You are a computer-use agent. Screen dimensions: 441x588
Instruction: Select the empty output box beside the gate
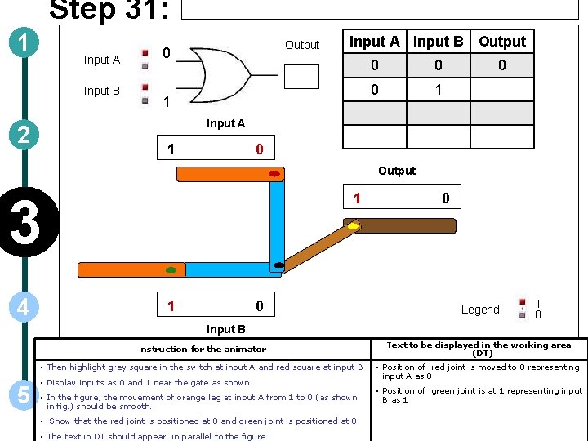click(x=301, y=75)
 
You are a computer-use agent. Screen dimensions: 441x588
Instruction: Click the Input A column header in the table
click(x=374, y=42)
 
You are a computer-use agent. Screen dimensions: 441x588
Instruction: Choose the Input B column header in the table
click(x=438, y=42)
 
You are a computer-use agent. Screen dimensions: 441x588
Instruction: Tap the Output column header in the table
click(x=502, y=42)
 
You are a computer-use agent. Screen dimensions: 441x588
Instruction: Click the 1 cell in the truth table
click(x=438, y=90)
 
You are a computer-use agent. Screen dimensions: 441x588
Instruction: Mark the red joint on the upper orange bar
click(x=274, y=174)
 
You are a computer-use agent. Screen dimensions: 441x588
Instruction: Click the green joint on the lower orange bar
click(x=171, y=269)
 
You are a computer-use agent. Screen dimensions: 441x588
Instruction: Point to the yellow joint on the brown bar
click(x=353, y=225)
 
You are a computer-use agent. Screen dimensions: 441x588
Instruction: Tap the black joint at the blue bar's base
click(x=279, y=265)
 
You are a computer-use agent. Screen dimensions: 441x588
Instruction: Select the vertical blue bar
click(x=277, y=220)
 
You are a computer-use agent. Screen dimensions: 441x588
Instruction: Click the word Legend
click(x=481, y=310)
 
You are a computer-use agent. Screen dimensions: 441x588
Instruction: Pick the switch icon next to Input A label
click(x=145, y=59)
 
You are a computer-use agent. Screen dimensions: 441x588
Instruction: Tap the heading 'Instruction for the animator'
click(x=203, y=350)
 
